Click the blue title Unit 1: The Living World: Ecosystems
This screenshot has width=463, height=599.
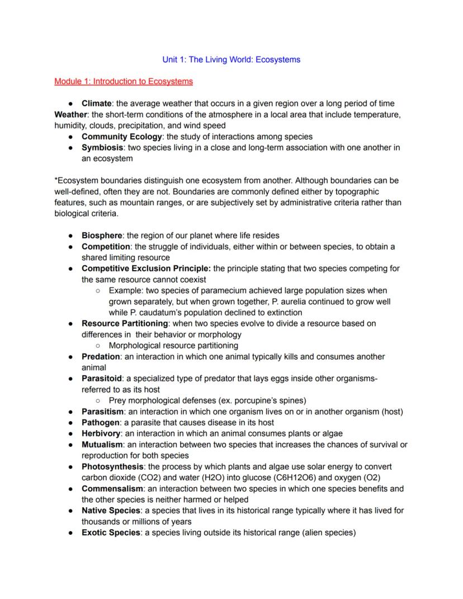(231, 59)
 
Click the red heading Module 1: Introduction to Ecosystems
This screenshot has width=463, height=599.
(124, 82)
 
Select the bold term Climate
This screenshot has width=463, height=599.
(96, 103)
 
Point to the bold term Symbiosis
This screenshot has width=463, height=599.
(102, 148)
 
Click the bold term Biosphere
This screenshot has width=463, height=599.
(102, 235)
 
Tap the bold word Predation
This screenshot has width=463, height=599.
(101, 356)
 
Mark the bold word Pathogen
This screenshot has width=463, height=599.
(100, 422)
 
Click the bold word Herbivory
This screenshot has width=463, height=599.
(101, 433)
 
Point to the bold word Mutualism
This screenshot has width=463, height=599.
(102, 445)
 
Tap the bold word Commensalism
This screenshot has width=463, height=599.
(111, 488)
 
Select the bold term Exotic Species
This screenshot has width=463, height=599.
(111, 532)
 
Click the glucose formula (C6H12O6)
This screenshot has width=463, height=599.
(297, 478)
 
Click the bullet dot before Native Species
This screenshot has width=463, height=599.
(71, 511)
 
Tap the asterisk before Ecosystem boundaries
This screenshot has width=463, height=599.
(56, 181)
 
